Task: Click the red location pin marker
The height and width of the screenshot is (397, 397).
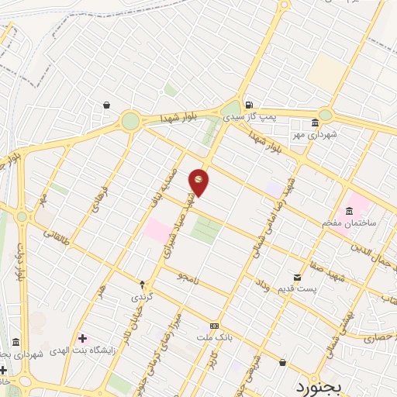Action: coord(198,181)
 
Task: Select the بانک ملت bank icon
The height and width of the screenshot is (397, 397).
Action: coord(214,326)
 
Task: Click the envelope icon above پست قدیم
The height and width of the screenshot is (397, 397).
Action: coord(297,278)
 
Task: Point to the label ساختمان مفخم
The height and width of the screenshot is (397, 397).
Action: coord(350,223)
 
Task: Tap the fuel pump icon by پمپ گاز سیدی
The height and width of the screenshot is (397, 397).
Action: coord(247,105)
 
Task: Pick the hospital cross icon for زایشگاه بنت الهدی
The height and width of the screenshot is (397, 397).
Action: coord(82,338)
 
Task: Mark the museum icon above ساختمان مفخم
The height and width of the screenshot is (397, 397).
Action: coord(349,211)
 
